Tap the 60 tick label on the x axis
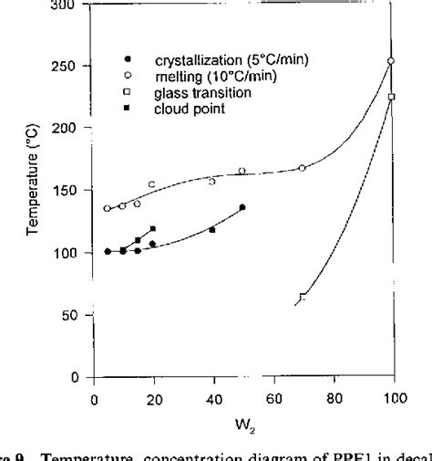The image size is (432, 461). (x=273, y=400)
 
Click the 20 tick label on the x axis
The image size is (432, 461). (x=154, y=400)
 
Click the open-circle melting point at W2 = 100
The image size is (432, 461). (x=392, y=61)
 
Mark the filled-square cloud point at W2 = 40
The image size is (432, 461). (x=212, y=230)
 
